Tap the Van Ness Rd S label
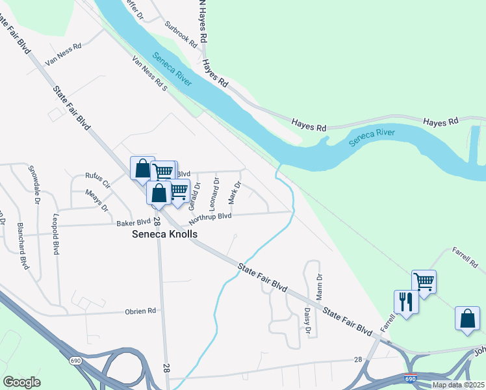coord(150,73)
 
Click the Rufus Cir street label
coord(99,179)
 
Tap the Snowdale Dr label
coord(34,181)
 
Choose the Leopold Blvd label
coord(57,233)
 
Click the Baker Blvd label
coord(133,222)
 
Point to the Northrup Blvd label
coord(211,216)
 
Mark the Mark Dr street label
coord(235,192)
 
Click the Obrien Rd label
coord(140,311)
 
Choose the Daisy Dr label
coord(307,320)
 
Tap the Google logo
coord(21,382)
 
